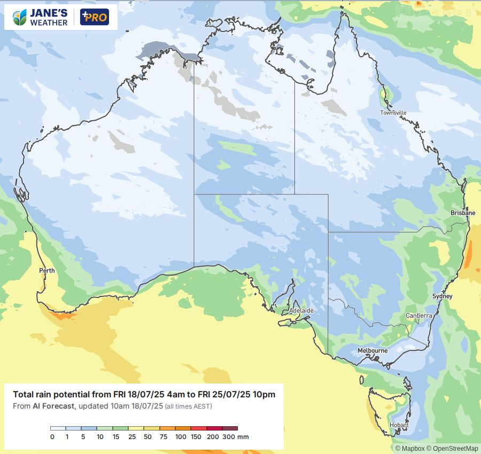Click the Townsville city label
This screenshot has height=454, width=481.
coord(393,113)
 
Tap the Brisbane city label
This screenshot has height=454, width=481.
coord(462,213)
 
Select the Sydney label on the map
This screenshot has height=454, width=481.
coord(442,296)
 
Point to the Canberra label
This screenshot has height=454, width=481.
coord(418,316)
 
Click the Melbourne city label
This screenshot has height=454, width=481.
coord(373,350)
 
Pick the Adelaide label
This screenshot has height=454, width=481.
coord(301,310)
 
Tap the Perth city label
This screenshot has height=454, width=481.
coord(47,271)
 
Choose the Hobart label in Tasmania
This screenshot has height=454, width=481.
coord(399,425)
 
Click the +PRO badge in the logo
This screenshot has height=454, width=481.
coord(94,17)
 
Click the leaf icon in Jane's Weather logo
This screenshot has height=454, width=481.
coord(20,17)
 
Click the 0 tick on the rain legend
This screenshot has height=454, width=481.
coord(52,437)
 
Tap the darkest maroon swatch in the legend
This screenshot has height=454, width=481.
coord(230,428)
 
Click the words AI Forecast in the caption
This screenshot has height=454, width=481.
coord(52,406)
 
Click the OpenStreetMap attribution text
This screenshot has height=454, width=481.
coord(454,449)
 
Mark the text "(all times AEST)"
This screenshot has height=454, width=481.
coord(188,407)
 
